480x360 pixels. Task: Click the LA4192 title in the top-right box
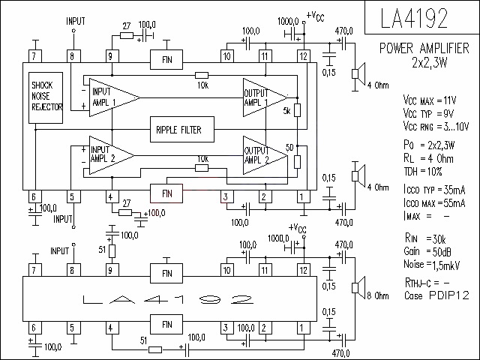coord(414,18)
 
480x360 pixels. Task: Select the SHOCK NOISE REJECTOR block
coord(46,98)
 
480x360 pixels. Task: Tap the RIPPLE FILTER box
coord(182,130)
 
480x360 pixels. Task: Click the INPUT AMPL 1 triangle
coord(115,97)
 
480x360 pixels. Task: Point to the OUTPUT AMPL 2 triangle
coord(265,155)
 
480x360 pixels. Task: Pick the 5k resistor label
coord(286,111)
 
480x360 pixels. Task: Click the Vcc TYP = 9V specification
coord(428,113)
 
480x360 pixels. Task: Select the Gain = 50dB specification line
coord(427,252)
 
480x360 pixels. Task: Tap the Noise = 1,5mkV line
coord(432,265)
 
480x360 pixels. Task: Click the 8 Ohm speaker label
coord(378,295)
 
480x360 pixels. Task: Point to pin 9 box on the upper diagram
coord(110,56)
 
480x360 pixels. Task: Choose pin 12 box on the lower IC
coord(303,270)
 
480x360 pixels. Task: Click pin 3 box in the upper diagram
coord(226,196)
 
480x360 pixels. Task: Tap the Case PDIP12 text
coord(436,295)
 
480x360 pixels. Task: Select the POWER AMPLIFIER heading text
coord(424,48)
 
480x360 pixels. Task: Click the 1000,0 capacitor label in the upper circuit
coord(288,21)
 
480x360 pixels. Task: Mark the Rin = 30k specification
coord(425,238)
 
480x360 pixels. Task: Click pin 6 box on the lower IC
coord(35,328)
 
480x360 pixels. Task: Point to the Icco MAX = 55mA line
coord(434,202)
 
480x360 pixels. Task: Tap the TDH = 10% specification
coord(423,172)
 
